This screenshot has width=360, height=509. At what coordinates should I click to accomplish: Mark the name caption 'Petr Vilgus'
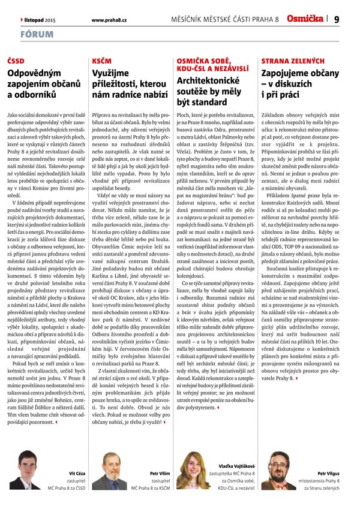(x=329, y=474)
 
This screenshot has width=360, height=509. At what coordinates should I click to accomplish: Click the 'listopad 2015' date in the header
(x=40, y=20)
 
